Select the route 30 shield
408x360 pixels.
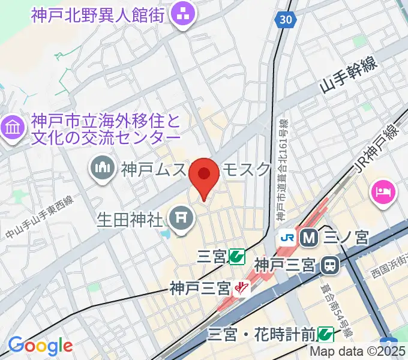pyautogui.click(x=287, y=20)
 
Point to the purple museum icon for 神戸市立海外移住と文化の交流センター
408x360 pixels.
pyautogui.click(x=13, y=127)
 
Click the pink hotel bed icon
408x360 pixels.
pyautogui.click(x=384, y=193)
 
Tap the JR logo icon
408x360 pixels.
pyautogui.click(x=287, y=238)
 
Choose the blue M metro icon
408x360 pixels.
pyautogui.click(x=310, y=238)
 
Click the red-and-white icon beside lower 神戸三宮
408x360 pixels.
pyautogui.click(x=242, y=289)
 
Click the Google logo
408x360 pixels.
pyautogui.click(x=40, y=346)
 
